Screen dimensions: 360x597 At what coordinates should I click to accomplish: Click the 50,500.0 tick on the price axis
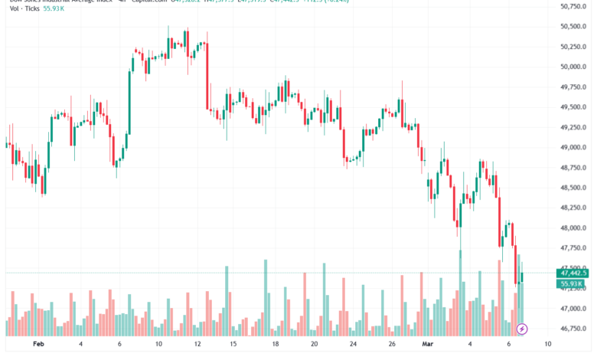coord(573,27)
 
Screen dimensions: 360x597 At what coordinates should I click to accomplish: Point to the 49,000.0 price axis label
coord(573,148)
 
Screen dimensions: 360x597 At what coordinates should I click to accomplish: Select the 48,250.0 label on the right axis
coord(573,208)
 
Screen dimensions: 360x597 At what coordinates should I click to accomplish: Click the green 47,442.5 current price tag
coord(573,273)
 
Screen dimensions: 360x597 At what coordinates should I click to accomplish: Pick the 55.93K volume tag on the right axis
coord(573,283)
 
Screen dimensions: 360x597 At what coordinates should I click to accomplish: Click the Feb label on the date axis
coord(39,345)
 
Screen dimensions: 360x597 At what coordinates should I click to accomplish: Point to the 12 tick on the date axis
coord(198,345)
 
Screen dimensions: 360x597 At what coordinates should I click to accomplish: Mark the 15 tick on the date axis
coord(237,345)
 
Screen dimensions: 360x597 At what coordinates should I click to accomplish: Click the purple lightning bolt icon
coord(523,329)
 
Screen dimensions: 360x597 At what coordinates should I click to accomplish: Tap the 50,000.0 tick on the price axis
coord(573,67)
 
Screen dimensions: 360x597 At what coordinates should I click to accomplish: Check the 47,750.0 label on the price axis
coord(573,249)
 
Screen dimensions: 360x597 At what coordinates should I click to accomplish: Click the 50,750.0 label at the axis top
coord(573,7)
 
